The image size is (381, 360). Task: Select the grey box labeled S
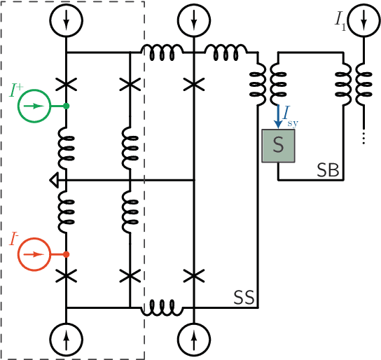tap(278, 146)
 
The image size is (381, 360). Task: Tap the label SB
tap(328, 170)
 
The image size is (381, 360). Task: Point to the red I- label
tap(14, 238)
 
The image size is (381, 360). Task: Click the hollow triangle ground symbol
tap(55, 181)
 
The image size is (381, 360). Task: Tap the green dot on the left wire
tap(66, 106)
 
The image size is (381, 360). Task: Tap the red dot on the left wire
tap(66, 254)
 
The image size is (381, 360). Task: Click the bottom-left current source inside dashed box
tap(66, 340)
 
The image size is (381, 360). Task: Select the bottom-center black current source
tap(193, 340)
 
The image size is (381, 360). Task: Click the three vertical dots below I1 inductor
tap(363, 138)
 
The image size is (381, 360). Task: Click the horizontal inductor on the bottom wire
tap(160, 306)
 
